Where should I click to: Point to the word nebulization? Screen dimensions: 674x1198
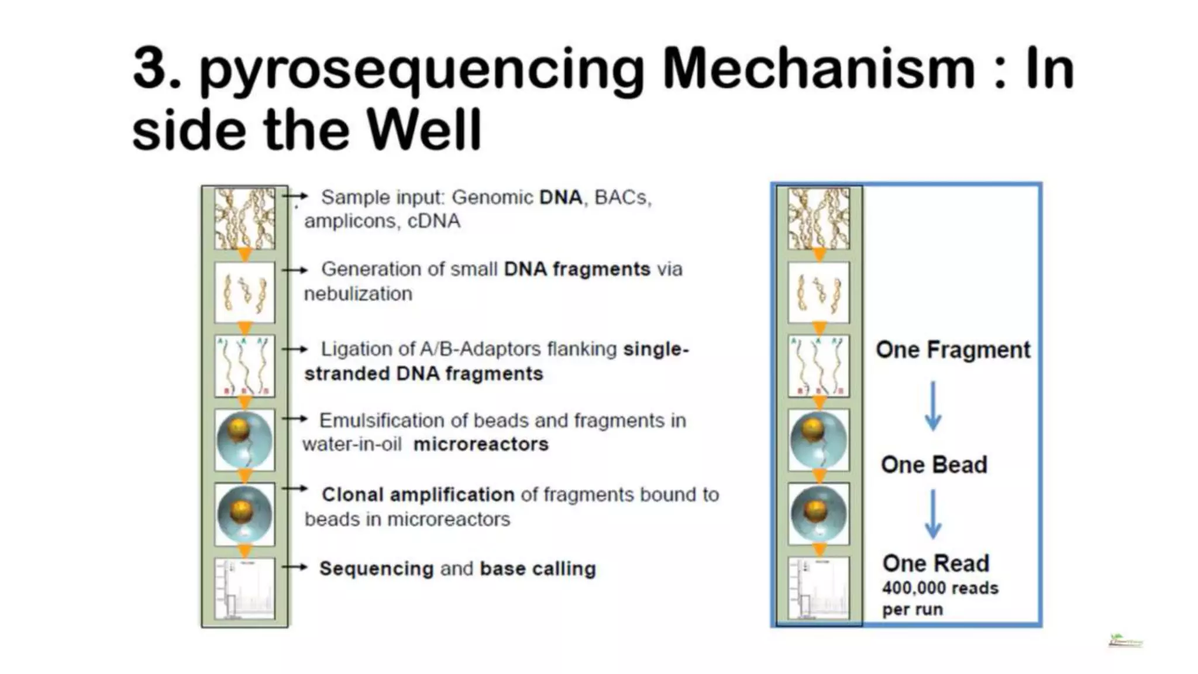358,294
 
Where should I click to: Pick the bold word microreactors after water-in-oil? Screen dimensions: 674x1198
481,445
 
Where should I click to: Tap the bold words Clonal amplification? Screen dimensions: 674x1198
418,495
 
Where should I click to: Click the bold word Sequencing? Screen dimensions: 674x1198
376,569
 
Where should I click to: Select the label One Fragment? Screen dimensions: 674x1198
953,350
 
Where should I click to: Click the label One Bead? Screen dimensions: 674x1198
934,465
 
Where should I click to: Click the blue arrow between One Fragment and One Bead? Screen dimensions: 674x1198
933,406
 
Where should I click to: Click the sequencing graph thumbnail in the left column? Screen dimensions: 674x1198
245,589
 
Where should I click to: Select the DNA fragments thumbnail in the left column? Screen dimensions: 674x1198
245,293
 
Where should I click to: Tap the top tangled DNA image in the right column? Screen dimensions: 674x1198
818,218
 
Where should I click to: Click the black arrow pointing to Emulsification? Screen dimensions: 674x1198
295,419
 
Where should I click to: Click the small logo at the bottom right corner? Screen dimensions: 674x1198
1125,642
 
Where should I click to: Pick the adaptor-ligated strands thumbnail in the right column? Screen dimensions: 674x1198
818,367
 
